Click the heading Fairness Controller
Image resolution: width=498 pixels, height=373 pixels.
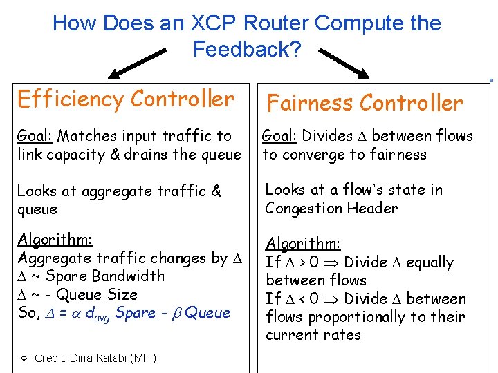[365, 103]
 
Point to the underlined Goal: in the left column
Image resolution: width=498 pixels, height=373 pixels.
[36, 136]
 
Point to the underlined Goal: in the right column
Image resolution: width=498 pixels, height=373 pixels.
[281, 136]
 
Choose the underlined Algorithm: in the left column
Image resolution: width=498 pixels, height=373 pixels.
[55, 240]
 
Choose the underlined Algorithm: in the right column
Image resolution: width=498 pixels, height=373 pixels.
[303, 244]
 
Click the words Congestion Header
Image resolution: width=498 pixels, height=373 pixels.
[331, 208]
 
